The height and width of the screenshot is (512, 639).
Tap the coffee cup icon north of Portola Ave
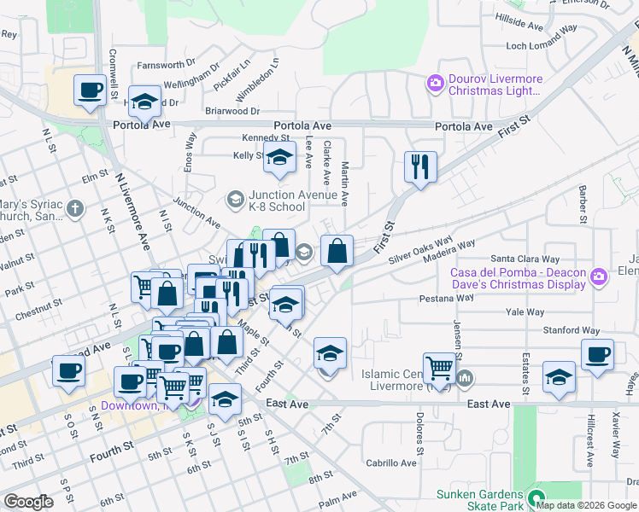pyautogui.click(x=89, y=90)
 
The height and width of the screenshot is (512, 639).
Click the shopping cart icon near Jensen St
pyautogui.click(x=439, y=368)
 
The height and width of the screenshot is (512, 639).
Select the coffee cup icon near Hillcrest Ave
pyautogui.click(x=597, y=353)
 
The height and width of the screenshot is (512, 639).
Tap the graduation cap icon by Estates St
pyautogui.click(x=558, y=376)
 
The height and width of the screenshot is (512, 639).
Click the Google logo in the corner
pyautogui.click(x=28, y=502)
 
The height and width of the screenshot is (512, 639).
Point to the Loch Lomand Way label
pyautogui.click(x=546, y=43)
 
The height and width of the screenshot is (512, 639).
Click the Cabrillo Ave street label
pyautogui.click(x=391, y=463)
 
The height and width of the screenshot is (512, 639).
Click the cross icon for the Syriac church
pyautogui.click(x=75, y=208)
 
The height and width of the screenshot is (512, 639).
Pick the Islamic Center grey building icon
pyautogui.click(x=465, y=377)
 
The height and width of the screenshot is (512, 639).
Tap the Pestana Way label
pyautogui.click(x=446, y=299)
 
